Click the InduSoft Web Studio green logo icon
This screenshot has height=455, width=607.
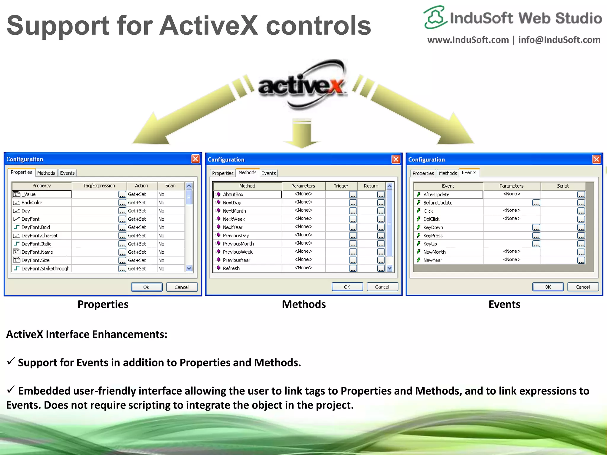pyautogui.click(x=435, y=17)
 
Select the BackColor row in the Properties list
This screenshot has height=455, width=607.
pyautogui.click(x=32, y=203)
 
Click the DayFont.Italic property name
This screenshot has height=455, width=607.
pyautogui.click(x=36, y=244)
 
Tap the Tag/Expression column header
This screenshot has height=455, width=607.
pyautogui.click(x=99, y=186)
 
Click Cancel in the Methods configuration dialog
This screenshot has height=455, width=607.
pyautogui.click(x=382, y=287)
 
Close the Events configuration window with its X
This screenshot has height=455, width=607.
pyautogui.click(x=596, y=159)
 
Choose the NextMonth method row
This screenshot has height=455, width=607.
pyautogui.click(x=234, y=211)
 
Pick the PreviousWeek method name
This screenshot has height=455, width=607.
pyautogui.click(x=238, y=252)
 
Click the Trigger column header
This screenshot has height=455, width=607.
pyautogui.click(x=341, y=186)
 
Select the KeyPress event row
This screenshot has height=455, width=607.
pyautogui.click(x=433, y=235)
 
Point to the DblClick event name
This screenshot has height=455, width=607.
pyautogui.click(x=431, y=219)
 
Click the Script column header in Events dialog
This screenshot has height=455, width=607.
pyautogui.click(x=563, y=186)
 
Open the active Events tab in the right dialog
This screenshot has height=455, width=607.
pyautogui.click(x=469, y=173)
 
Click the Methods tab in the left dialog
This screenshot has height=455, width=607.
pyautogui.click(x=46, y=173)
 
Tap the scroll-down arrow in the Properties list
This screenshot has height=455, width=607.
pyautogui.click(x=189, y=268)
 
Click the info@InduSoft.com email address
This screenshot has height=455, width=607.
pyautogui.click(x=559, y=40)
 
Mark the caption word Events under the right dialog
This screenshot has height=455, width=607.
pyautogui.click(x=504, y=305)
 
